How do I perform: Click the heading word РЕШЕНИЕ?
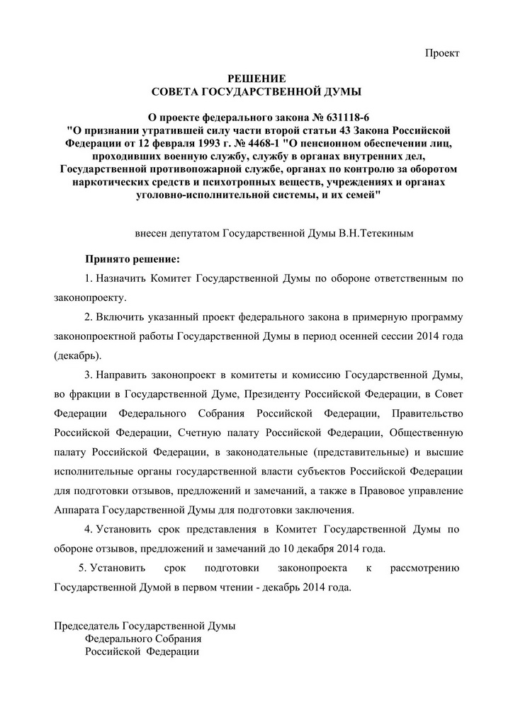click(256, 77)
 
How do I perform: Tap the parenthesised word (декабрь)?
click(77, 354)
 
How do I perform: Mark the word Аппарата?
click(77, 510)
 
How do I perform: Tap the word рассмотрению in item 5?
click(423, 568)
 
